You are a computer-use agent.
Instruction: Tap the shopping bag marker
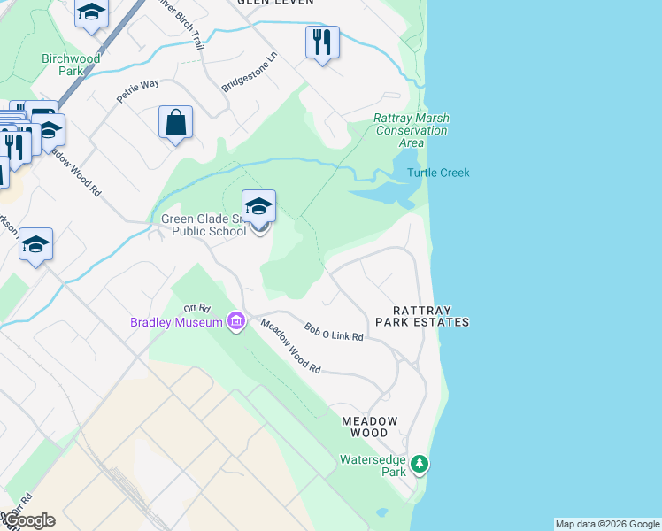pyautogui.click(x=176, y=122)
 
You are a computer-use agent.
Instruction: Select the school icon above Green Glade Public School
pyautogui.click(x=258, y=207)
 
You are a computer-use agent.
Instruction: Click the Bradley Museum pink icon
pyautogui.click(x=236, y=320)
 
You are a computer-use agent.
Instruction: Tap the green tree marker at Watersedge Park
pyautogui.click(x=421, y=464)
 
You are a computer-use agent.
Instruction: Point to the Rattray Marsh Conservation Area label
pyautogui.click(x=411, y=130)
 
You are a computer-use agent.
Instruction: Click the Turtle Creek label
pyautogui.click(x=438, y=173)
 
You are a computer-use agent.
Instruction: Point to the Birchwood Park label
pyautogui.click(x=72, y=65)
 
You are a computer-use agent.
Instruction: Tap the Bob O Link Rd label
pyautogui.click(x=334, y=332)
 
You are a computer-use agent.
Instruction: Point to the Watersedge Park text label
pyautogui.click(x=373, y=466)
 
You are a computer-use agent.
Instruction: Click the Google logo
pyautogui.click(x=28, y=520)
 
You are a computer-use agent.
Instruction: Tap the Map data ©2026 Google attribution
pyautogui.click(x=607, y=524)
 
